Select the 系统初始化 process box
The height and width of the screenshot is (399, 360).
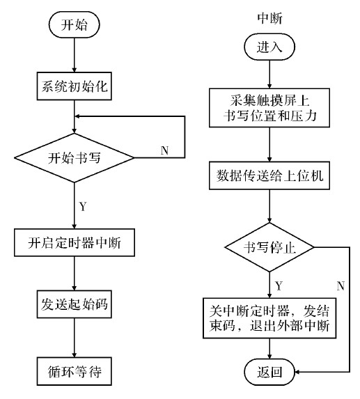coord(74,88)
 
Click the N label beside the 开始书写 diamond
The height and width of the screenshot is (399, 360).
coord(164,150)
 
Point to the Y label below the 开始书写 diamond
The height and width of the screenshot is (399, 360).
coord(84,206)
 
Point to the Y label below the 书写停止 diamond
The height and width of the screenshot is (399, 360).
coord(279,285)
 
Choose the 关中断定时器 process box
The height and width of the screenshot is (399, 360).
coord(269,318)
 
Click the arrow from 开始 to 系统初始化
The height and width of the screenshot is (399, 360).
coord(74,55)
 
